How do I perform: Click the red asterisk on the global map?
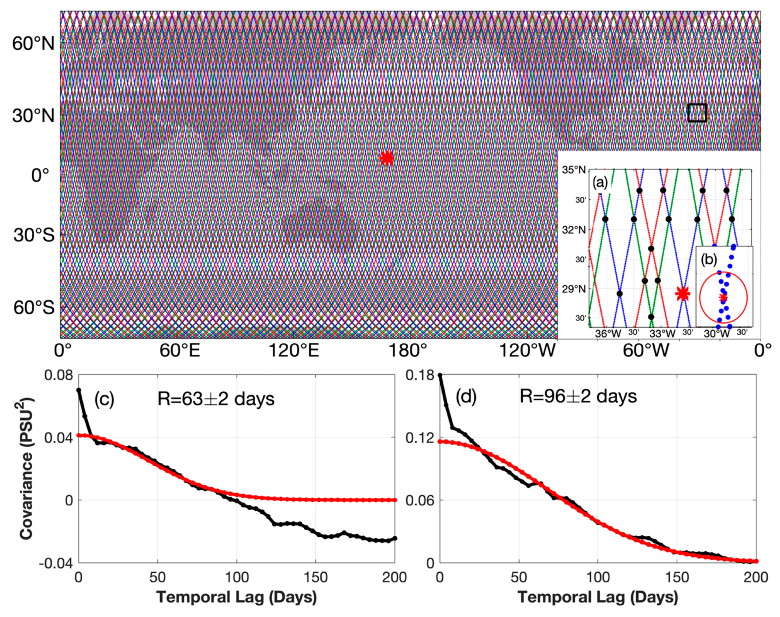tap(387, 158)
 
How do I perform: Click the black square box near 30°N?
tap(697, 113)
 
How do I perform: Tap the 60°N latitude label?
tap(33, 44)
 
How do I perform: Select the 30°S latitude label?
tap(34, 235)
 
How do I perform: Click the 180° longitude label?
tap(409, 351)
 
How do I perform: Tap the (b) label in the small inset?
tap(709, 260)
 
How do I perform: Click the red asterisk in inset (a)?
tap(682, 293)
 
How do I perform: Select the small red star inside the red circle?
tap(723, 297)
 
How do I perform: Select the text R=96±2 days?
tap(578, 397)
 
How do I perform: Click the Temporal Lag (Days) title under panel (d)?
tap(598, 598)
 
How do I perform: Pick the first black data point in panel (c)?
tap(79, 390)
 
